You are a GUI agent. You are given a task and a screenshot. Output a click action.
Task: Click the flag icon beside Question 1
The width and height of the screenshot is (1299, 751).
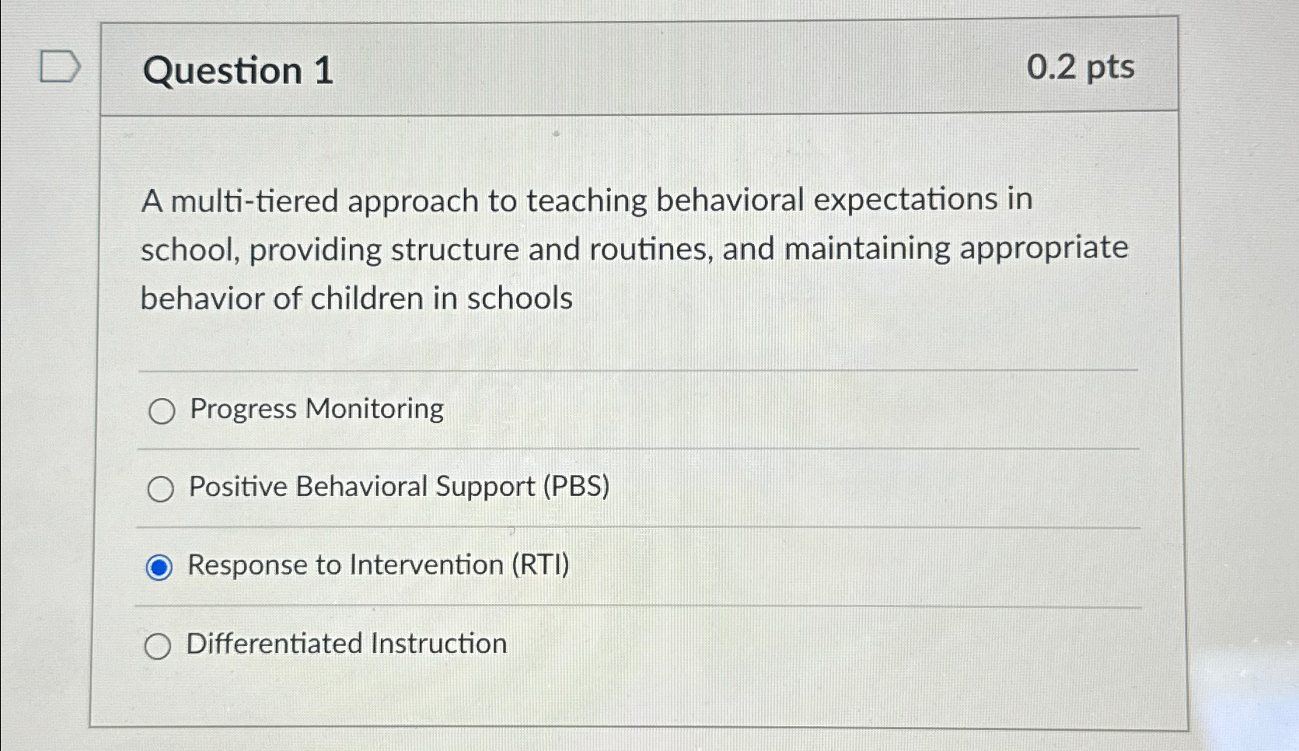pyautogui.click(x=60, y=66)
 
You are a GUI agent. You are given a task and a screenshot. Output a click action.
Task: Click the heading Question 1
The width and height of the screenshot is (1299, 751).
pyautogui.click(x=238, y=71)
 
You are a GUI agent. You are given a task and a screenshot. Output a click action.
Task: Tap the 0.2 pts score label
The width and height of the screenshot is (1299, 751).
pyautogui.click(x=1080, y=67)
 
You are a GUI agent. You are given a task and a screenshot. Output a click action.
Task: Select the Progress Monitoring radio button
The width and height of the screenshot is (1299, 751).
pyautogui.click(x=162, y=411)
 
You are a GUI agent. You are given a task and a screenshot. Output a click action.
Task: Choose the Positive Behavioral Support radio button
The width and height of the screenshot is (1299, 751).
pyautogui.click(x=161, y=489)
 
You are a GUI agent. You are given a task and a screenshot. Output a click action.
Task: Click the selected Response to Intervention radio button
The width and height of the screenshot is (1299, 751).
pyautogui.click(x=159, y=568)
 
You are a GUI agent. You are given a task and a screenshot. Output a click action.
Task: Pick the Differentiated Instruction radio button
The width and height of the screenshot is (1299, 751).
pyautogui.click(x=158, y=646)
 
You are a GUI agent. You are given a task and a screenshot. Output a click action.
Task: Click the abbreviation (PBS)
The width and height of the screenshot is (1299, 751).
pyautogui.click(x=576, y=487)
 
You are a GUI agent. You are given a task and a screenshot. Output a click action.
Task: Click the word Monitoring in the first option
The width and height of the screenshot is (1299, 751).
pyautogui.click(x=375, y=409)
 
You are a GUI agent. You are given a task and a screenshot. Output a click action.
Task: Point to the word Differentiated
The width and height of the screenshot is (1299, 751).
pyautogui.click(x=274, y=644)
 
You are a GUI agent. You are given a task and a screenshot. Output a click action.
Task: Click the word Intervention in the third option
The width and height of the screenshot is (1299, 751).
pyautogui.click(x=427, y=565)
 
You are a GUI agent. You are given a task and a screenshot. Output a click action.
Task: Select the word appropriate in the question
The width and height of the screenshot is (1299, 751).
pyautogui.click(x=1044, y=248)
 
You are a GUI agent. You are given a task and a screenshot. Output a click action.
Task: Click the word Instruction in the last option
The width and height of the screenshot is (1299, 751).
pyautogui.click(x=439, y=644)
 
